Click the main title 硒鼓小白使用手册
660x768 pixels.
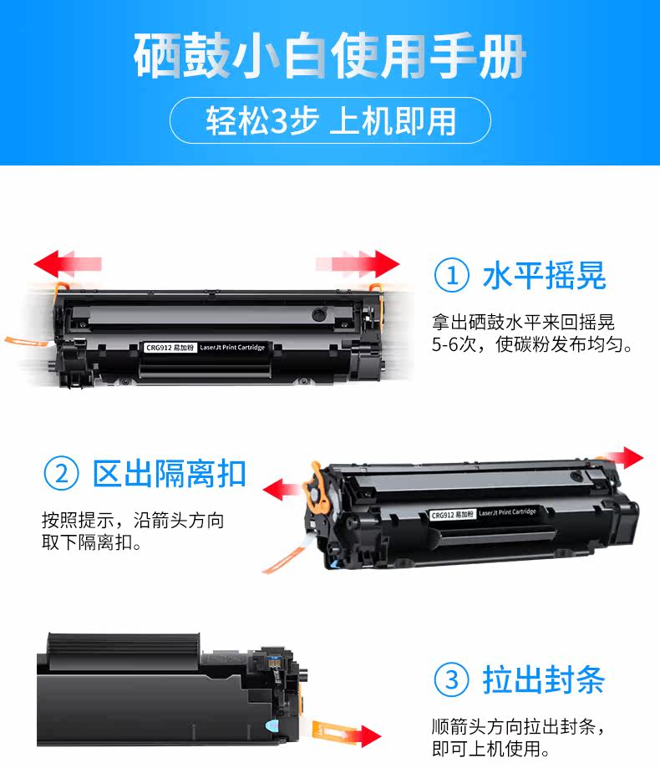point(329,55)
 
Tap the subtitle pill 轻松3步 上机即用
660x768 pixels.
point(331,120)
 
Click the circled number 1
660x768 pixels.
point(451,275)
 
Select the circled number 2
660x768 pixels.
point(61,474)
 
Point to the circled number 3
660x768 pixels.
point(451,679)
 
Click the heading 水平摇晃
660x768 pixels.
point(545,275)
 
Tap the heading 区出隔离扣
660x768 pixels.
point(170,474)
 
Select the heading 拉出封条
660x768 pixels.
point(544,679)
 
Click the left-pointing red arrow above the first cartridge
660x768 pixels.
point(68,264)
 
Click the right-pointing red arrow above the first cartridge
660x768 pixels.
point(358,264)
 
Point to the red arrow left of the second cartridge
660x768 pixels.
point(282,489)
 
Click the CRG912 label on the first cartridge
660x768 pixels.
point(170,348)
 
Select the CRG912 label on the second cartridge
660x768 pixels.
point(453,515)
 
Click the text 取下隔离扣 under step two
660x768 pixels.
point(87,542)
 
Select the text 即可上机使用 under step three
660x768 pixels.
point(485,749)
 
